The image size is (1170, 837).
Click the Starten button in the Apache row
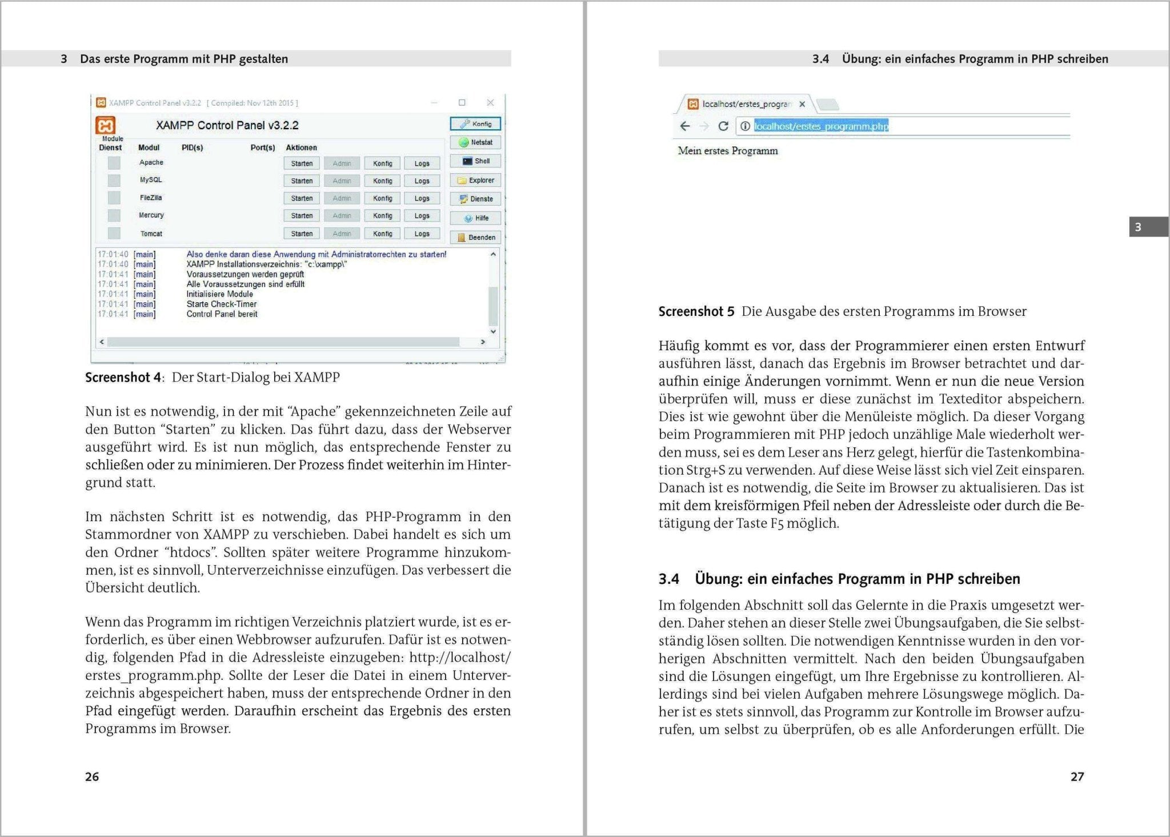tap(302, 163)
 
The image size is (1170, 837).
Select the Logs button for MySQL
tap(422, 181)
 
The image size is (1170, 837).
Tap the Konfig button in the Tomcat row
tap(382, 234)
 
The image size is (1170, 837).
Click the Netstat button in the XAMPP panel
tap(475, 142)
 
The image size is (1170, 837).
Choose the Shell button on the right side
tap(475, 161)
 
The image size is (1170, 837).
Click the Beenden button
tap(475, 237)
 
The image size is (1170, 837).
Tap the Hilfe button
tap(475, 218)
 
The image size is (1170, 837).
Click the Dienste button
tap(475, 199)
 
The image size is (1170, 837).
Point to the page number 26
tap(92, 776)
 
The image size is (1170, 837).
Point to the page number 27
tap(1077, 776)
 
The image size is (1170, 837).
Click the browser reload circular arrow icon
tap(723, 126)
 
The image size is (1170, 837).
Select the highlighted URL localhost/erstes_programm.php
tap(821, 126)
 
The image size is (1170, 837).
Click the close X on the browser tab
tap(802, 104)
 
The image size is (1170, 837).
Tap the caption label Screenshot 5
tap(696, 311)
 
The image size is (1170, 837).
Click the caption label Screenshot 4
tap(123, 377)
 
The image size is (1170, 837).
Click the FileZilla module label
tap(151, 198)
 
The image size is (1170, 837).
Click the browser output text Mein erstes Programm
tap(728, 151)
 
